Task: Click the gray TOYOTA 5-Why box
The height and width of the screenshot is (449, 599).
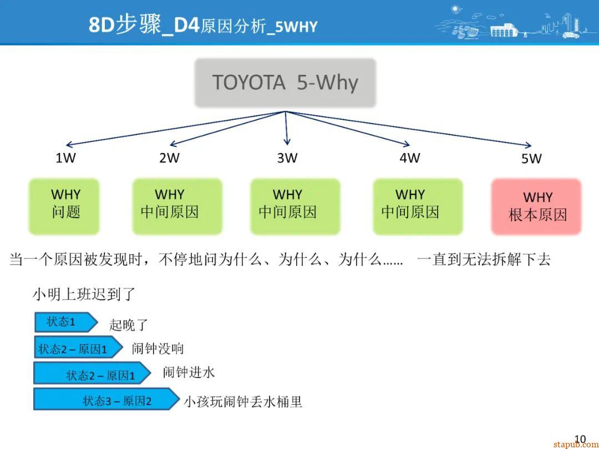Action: point(285,83)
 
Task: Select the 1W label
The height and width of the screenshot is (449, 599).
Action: point(65,158)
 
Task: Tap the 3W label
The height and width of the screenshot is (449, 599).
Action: point(287,158)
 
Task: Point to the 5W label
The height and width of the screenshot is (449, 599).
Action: point(531,159)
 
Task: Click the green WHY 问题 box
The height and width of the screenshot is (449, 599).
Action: point(64,205)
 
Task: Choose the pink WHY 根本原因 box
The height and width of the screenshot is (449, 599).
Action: point(536,206)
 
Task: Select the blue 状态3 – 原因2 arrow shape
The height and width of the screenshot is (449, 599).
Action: point(106,399)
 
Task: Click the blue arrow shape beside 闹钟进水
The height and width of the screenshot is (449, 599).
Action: point(92,373)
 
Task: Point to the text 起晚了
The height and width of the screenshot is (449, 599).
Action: point(128,325)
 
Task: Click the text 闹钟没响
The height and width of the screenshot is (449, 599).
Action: point(158,349)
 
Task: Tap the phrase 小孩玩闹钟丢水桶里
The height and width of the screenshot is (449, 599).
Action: point(243,402)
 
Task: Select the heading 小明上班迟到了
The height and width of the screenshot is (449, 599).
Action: point(84,294)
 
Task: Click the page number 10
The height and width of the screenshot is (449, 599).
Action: point(580,439)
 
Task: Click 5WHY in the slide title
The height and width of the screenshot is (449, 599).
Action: point(296,27)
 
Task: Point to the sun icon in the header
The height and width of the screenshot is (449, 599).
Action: point(456,9)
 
